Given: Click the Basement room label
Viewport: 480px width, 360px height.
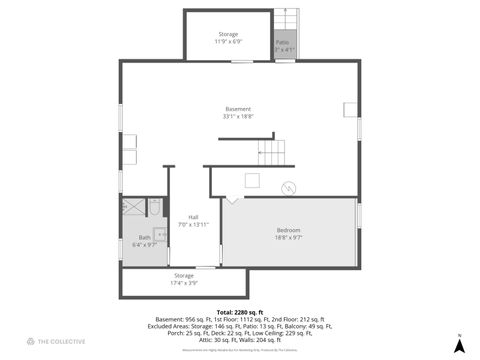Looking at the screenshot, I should click(237, 109).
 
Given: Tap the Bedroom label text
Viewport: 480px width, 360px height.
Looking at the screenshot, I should click(288, 231).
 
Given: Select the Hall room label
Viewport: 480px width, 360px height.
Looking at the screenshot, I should click(193, 216).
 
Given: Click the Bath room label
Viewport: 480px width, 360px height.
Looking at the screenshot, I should click(144, 237).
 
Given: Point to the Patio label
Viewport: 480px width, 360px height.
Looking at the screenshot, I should click(283, 42).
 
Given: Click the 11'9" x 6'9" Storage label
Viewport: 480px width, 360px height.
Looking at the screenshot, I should click(228, 34).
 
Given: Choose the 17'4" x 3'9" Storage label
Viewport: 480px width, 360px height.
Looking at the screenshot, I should click(184, 275).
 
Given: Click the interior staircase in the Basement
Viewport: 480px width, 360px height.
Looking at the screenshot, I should click(272, 153).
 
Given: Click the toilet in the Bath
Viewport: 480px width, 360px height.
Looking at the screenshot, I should click(154, 207).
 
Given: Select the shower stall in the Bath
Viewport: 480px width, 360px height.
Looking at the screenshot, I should click(133, 208).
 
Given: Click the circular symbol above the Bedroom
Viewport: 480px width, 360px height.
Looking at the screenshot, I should click(289, 186).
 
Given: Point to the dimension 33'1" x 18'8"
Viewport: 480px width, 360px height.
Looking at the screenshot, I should click(237, 117).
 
